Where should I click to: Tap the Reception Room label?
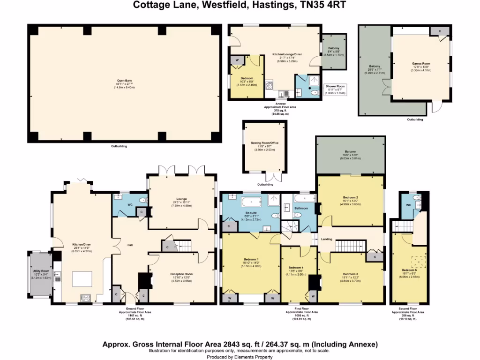181,274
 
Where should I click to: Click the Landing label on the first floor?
327,239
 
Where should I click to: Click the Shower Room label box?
335,89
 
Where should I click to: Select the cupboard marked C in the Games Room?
439,30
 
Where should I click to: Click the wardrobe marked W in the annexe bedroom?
236,60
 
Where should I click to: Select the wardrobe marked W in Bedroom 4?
312,295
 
